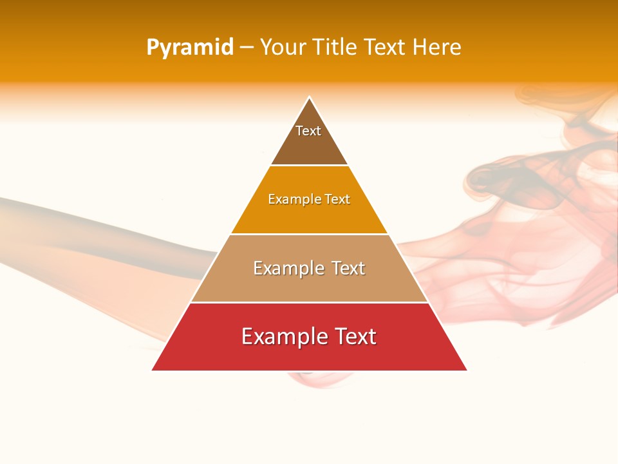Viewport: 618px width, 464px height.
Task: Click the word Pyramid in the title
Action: click(x=190, y=48)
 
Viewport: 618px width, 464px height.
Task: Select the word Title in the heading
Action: click(x=339, y=47)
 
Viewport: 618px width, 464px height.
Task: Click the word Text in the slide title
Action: click(x=386, y=47)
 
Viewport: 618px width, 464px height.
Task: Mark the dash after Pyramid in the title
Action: click(x=247, y=48)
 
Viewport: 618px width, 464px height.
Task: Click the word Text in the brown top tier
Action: click(x=308, y=131)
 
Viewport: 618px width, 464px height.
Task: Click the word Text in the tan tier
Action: click(x=348, y=268)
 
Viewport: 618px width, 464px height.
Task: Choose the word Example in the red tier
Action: click(x=277, y=336)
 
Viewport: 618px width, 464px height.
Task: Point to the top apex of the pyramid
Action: click(x=310, y=97)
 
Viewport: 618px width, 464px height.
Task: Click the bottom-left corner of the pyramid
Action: click(x=153, y=370)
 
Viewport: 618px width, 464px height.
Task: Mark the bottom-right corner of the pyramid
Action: click(x=467, y=370)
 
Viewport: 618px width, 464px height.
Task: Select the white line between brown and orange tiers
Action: click(x=309, y=166)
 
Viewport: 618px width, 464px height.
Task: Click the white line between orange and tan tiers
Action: click(x=309, y=234)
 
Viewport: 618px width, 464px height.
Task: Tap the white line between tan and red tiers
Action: click(x=309, y=302)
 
